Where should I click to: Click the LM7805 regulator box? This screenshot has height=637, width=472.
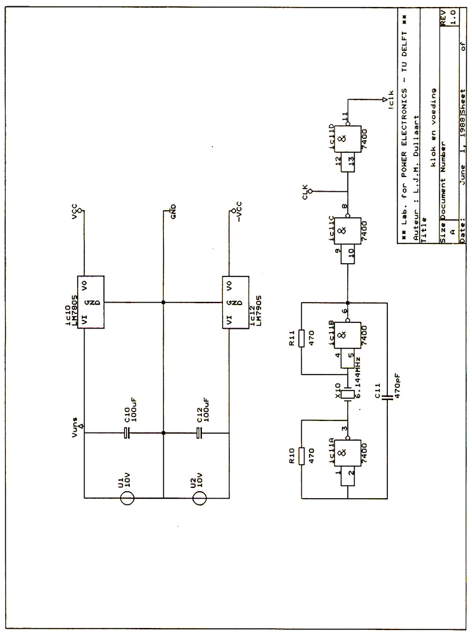click(92, 302)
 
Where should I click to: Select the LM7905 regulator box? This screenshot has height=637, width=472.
click(235, 302)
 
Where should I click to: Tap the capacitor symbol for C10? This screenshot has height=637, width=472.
click(126, 433)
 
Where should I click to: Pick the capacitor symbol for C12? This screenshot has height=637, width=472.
click(199, 433)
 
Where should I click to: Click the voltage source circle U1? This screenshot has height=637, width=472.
click(126, 497)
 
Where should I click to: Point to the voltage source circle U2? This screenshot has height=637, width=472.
click(199, 497)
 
